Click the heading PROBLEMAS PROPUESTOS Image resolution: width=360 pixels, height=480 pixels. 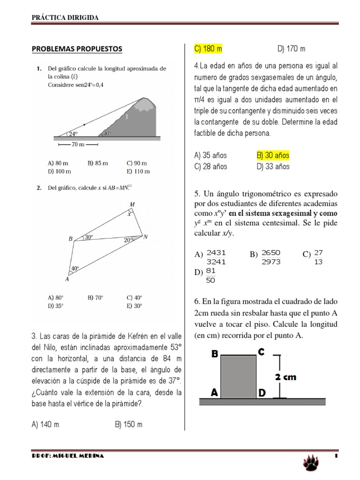76,49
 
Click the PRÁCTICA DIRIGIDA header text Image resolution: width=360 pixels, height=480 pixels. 65,17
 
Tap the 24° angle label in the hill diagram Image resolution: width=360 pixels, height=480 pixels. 73,134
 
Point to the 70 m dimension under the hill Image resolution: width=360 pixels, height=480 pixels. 77,144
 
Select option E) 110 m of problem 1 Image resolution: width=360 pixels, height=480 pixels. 138,172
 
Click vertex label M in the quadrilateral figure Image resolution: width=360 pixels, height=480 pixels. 132,204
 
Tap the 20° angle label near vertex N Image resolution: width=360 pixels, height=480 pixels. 128,240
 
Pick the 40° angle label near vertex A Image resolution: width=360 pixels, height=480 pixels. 75,269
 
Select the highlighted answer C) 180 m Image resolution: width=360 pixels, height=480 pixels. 208,49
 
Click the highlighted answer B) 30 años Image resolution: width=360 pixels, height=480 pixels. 273,155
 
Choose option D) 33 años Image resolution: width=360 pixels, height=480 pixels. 273,166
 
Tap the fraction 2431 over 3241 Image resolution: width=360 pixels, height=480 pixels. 216,257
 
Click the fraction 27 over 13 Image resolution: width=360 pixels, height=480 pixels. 319,257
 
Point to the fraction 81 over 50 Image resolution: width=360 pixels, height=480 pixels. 210,276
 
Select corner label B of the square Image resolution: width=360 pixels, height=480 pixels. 215,354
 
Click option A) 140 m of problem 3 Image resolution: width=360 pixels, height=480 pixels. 45,425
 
